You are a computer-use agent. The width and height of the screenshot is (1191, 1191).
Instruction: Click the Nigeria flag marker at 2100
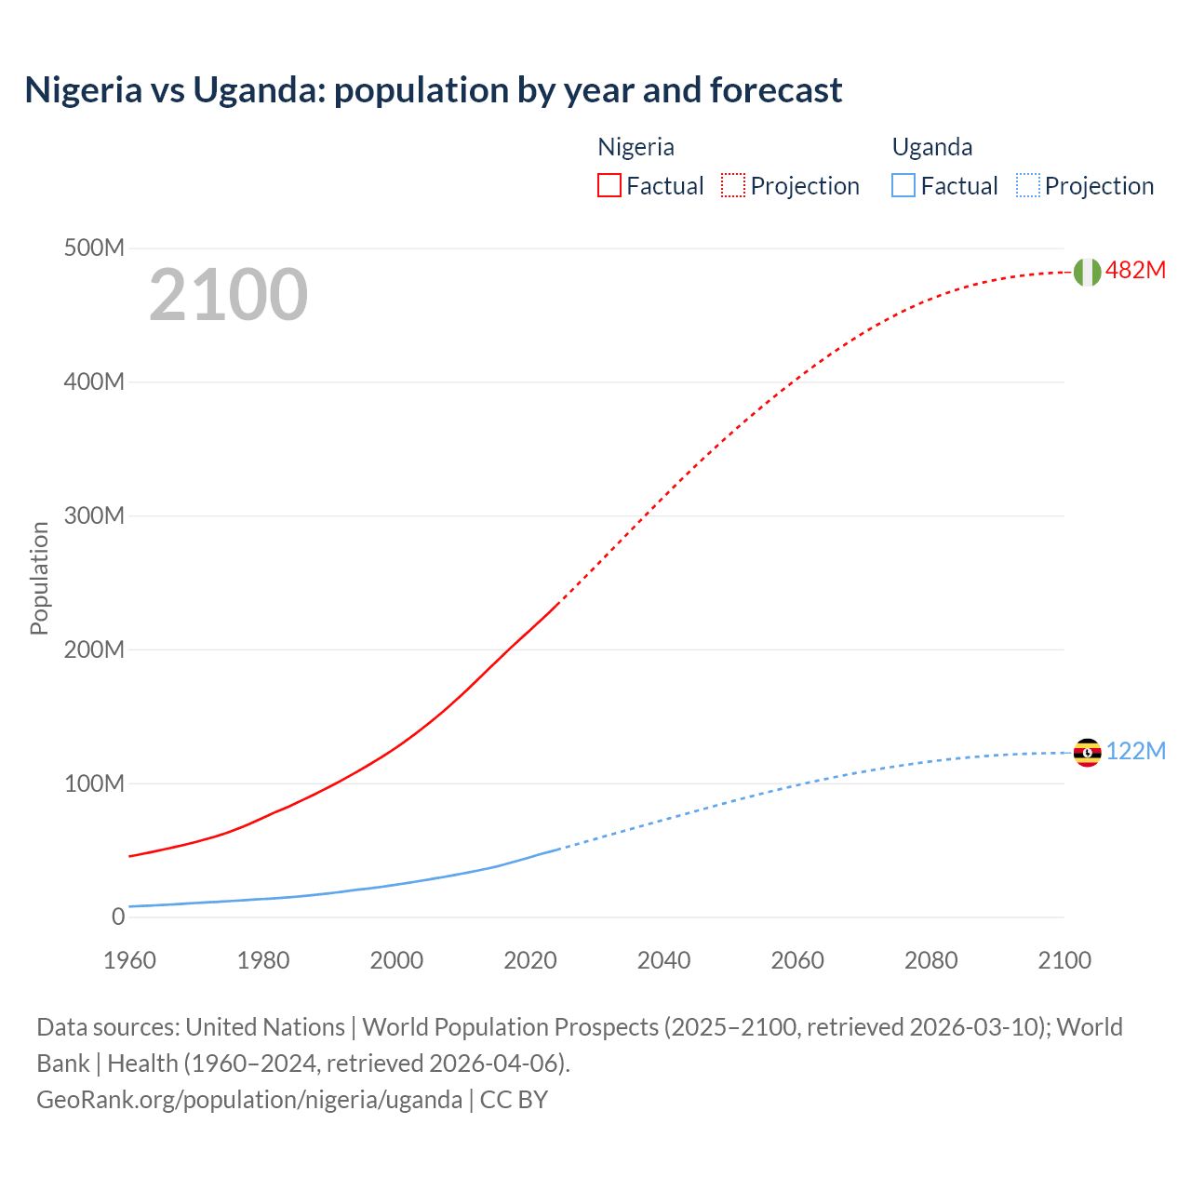(1087, 272)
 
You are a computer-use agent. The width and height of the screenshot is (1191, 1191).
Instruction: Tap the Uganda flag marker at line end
(1087, 752)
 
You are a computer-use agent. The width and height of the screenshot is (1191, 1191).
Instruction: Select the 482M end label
(1135, 271)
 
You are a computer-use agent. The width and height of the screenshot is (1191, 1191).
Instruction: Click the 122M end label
(1135, 751)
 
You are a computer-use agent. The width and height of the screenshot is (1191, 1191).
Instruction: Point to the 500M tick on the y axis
(94, 248)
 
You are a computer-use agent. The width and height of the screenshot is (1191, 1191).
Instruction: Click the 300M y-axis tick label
(94, 515)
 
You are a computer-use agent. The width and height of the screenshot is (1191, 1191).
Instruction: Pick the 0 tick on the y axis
(117, 917)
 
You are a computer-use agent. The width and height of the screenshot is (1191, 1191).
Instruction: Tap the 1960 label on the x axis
(129, 960)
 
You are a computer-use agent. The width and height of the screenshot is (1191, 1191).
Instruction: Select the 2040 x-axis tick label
(663, 960)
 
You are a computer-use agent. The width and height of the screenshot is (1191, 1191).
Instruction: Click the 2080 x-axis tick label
(930, 960)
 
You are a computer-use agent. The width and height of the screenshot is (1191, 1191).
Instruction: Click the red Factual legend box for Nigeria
(609, 185)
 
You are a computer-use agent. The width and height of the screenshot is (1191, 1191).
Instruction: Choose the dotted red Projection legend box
(733, 185)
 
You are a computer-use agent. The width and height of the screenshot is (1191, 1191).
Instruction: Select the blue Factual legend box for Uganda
(903, 185)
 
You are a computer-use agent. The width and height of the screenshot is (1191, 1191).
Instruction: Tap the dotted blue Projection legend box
(1027, 185)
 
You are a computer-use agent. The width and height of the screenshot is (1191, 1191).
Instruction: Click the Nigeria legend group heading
(636, 147)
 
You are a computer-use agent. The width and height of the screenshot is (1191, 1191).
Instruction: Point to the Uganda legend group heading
(932, 147)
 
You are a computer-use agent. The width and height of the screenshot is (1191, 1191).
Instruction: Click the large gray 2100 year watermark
(228, 295)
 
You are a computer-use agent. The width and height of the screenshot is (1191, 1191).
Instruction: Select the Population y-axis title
(39, 578)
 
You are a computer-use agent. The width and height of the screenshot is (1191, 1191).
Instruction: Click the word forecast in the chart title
(776, 90)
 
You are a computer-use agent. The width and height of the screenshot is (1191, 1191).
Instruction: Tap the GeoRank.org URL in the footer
(249, 1099)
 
